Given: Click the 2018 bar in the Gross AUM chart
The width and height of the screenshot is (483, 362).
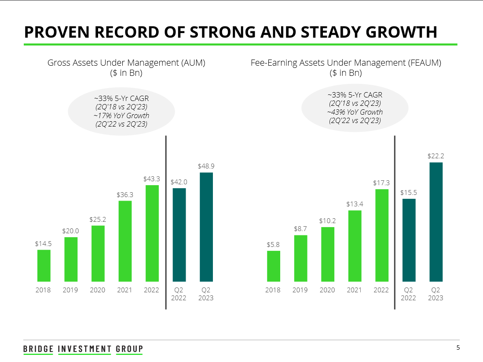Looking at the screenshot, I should point(44,265).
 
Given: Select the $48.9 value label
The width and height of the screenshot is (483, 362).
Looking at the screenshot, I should point(206,166).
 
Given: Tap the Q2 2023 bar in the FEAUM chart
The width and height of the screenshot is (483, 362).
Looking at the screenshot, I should point(435,222).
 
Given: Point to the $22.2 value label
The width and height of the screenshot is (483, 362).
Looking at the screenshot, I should point(435,156).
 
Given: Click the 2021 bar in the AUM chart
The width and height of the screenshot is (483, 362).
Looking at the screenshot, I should point(125,241).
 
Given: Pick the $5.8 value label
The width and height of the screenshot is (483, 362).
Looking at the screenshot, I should point(273,244).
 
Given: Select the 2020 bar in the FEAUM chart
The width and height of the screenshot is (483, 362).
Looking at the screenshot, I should point(327,254).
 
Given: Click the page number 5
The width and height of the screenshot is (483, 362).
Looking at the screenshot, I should point(458,347).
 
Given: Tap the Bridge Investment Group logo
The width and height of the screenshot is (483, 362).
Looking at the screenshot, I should point(83,349).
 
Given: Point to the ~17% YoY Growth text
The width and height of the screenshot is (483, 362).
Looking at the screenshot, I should point(121,116).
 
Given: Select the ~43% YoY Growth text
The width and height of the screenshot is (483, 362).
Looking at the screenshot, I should point(355,112).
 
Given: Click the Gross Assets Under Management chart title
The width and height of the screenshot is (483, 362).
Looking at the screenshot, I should point(126,63).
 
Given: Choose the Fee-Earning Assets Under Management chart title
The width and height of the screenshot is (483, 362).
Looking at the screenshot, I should point(346,63).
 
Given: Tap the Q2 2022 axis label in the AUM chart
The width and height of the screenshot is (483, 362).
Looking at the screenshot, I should point(179,294).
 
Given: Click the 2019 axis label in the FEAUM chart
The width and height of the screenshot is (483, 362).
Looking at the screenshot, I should point(300,290).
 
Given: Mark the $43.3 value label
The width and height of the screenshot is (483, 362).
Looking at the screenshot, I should point(152,179).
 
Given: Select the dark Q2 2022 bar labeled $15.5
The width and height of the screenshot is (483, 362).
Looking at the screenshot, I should point(409,240).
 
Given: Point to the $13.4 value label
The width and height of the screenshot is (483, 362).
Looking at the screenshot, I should point(354,204).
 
